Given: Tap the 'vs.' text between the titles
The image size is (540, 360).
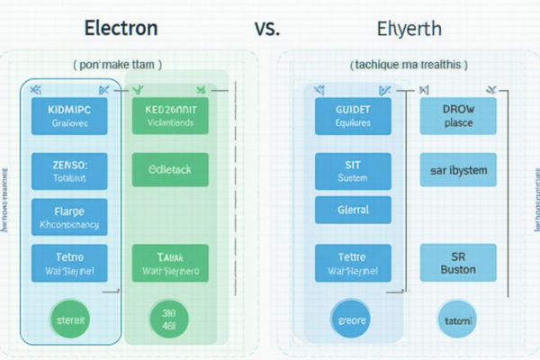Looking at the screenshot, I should pyautogui.click(x=267, y=28).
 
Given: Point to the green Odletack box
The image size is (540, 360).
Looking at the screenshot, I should pyautogui.click(x=170, y=168).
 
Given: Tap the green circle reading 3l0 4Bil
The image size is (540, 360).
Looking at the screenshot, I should pyautogui.click(x=168, y=319).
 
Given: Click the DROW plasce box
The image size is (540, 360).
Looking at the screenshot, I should pyautogui.click(x=458, y=116).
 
